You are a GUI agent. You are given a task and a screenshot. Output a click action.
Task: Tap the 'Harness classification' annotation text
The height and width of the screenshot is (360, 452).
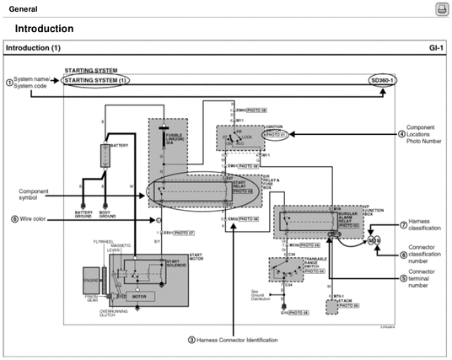coord(422,226)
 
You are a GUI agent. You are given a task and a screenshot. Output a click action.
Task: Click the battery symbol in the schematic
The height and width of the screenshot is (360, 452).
coord(105,155)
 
